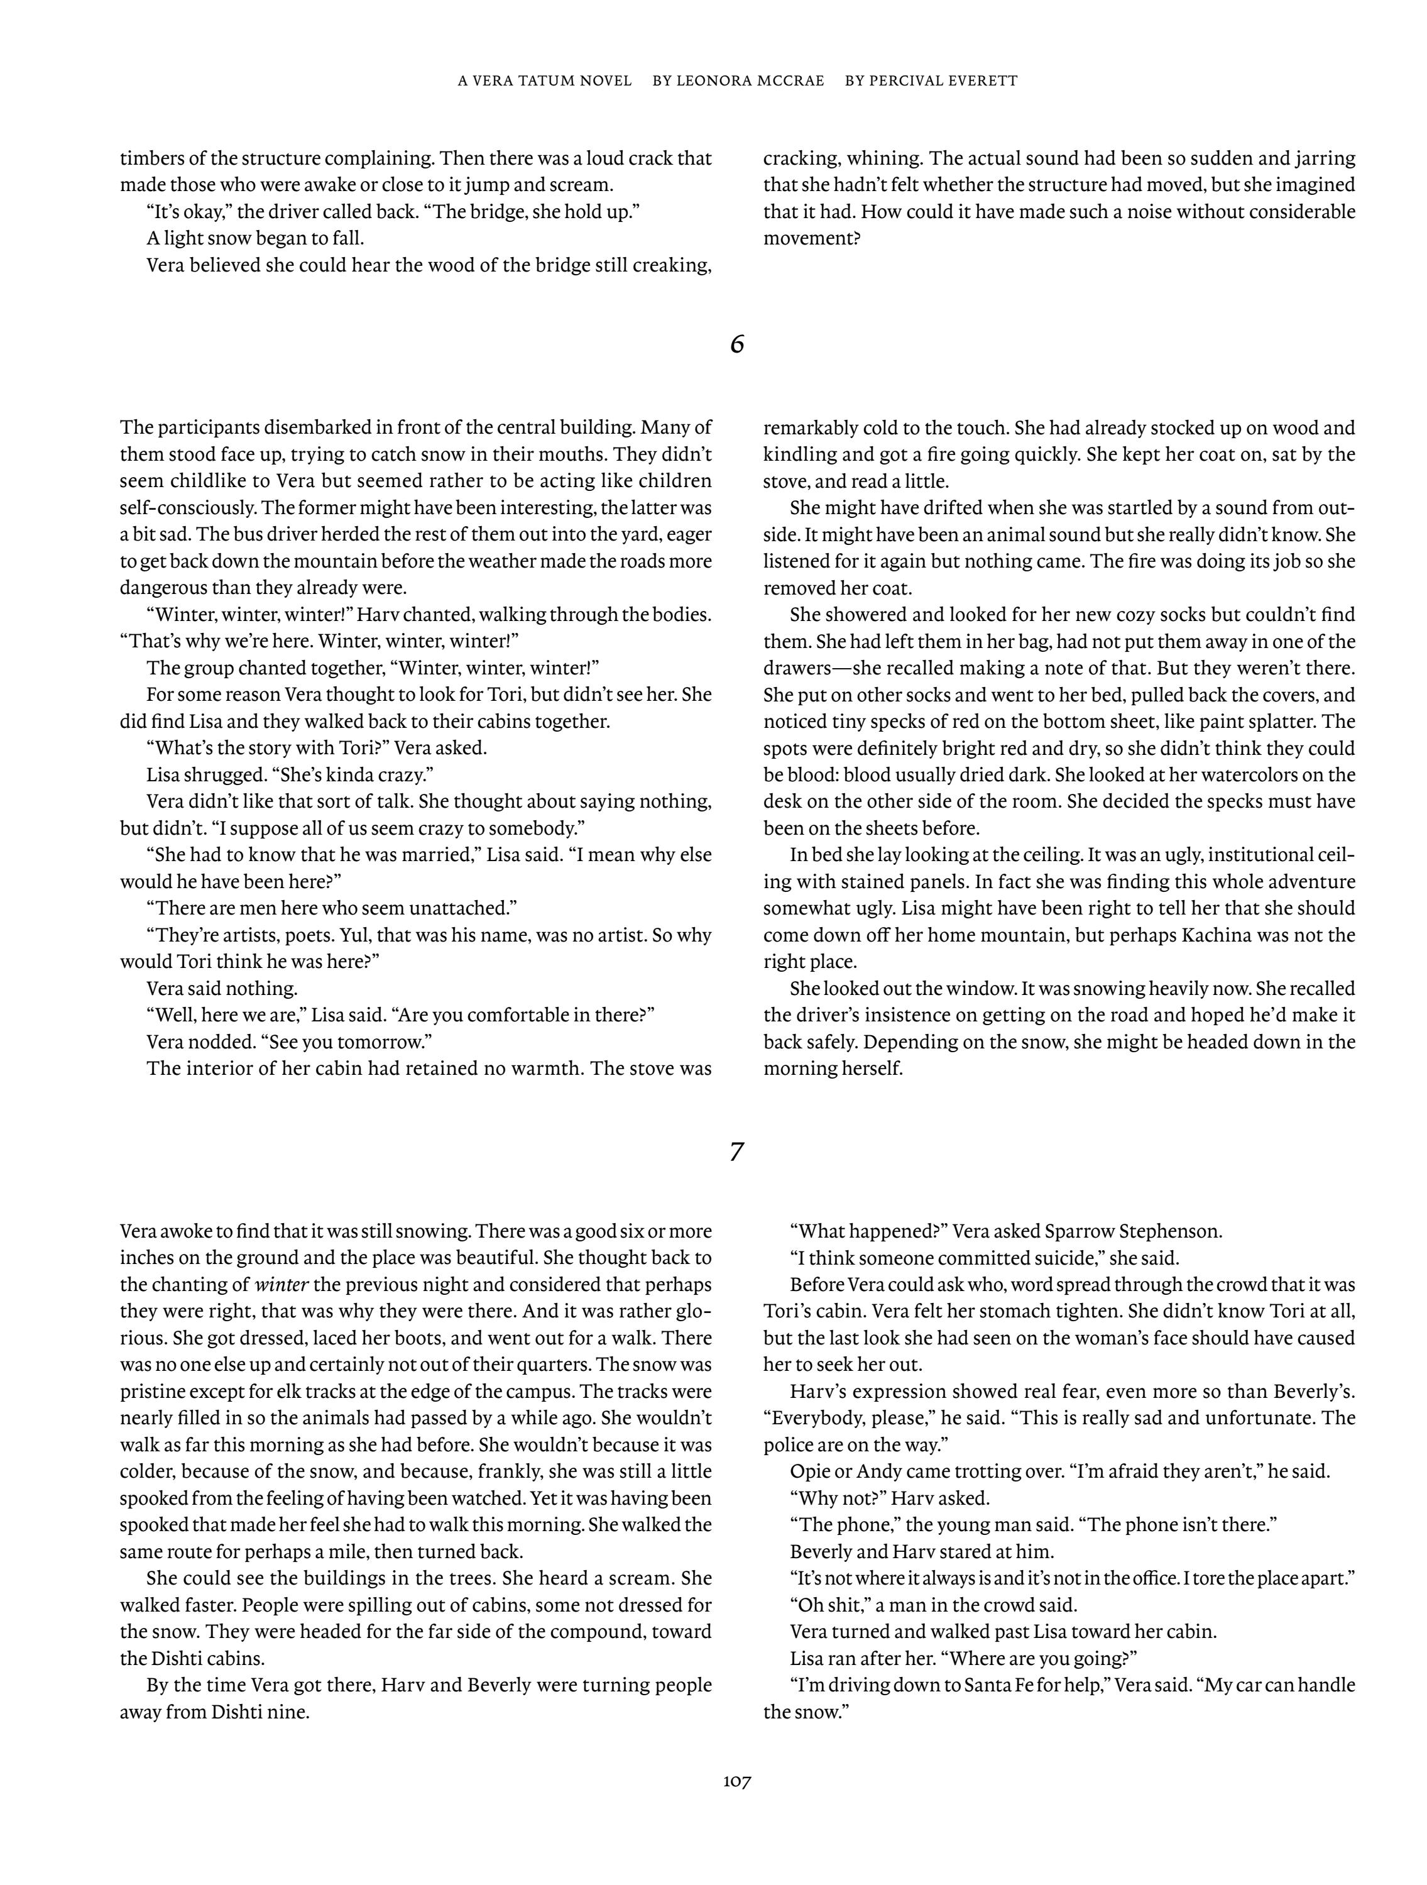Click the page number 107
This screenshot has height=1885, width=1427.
[737, 1781]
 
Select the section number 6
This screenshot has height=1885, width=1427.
[737, 345]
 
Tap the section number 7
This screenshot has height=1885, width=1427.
[737, 1152]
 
